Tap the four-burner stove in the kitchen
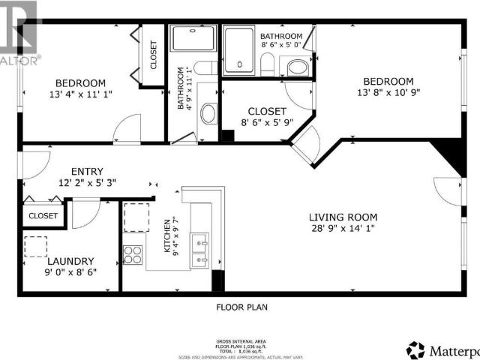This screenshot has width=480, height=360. coord(133,255)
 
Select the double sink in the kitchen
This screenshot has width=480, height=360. coord(200,250)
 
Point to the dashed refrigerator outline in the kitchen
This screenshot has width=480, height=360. coord(136,217)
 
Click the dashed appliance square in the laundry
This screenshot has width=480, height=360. coord(35,247)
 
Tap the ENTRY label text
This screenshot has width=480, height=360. coord(87,171)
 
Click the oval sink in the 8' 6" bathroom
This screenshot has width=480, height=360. coord(298,67)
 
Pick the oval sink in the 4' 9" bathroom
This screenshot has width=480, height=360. coord(208,113)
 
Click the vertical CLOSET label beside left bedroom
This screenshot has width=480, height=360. coord(154,54)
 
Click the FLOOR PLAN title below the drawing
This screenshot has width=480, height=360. coord(241,307)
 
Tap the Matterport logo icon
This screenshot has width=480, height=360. coord(415,349)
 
